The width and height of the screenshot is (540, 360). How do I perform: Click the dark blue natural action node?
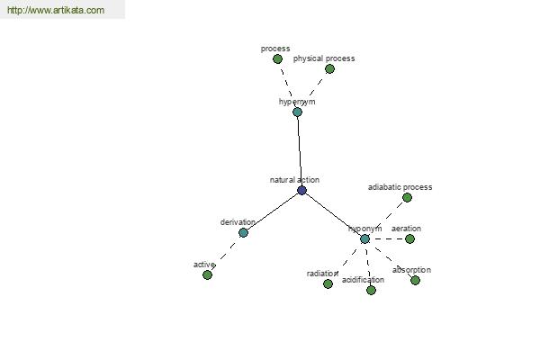click(x=301, y=190)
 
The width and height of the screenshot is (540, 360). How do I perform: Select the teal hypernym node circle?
click(x=297, y=112)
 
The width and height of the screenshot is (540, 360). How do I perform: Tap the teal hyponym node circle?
click(x=364, y=238)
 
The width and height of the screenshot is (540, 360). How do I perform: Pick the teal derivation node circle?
click(x=243, y=232)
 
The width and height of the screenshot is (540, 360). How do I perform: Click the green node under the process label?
click(x=277, y=58)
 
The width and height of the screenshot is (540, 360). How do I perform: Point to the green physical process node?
click(x=329, y=69)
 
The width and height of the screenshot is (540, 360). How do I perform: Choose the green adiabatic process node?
click(x=407, y=197)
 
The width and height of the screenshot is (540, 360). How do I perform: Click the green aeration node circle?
click(x=409, y=238)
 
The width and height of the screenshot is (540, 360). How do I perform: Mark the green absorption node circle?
click(x=415, y=281)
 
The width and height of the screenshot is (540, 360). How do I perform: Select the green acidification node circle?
click(x=371, y=290)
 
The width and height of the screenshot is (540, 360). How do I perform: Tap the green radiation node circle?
click(x=328, y=283)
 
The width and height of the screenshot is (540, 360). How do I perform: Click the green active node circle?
click(x=207, y=274)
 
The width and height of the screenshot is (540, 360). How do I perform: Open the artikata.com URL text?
click(x=56, y=10)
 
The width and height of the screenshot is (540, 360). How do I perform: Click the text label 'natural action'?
click(x=294, y=180)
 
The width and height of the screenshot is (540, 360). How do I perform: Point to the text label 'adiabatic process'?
click(x=400, y=187)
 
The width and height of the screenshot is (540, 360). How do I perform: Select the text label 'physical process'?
click(x=324, y=58)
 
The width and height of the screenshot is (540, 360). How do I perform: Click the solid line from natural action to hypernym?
click(x=300, y=151)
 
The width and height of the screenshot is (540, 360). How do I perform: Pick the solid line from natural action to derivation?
click(x=273, y=211)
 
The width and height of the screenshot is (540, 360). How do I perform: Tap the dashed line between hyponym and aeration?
click(x=387, y=238)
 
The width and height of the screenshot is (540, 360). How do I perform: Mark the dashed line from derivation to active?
click(x=225, y=254)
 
